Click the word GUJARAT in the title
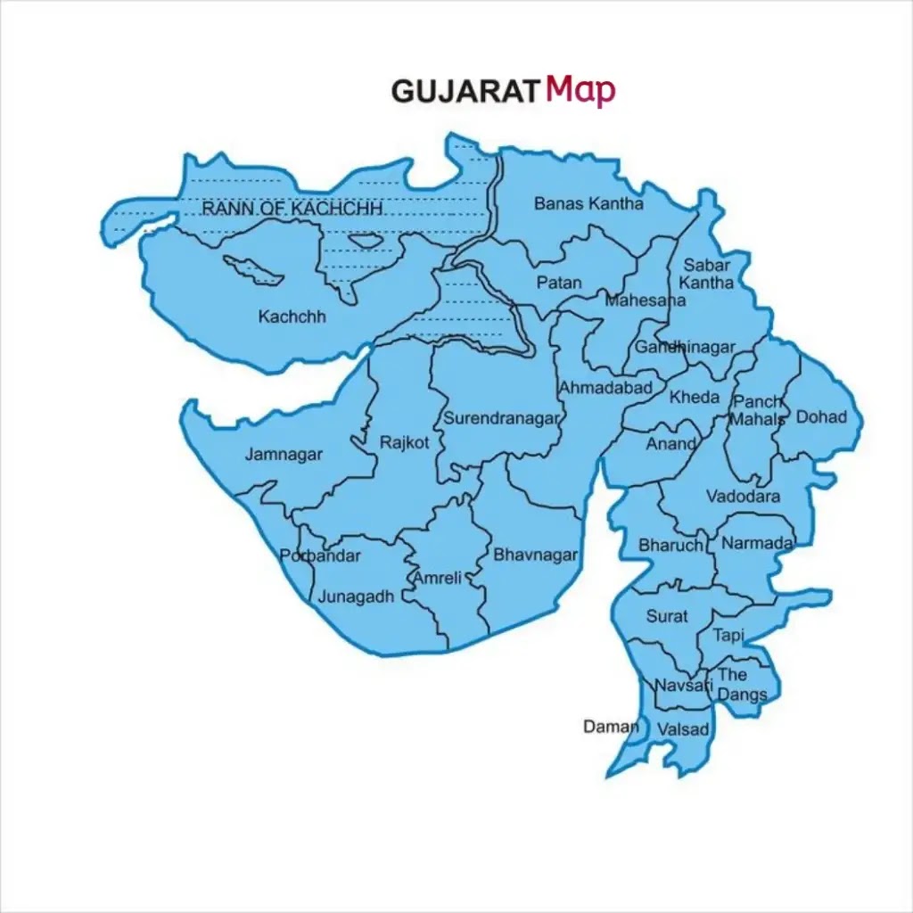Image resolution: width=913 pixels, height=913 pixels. click(x=465, y=91)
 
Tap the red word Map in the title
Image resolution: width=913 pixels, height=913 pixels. click(x=580, y=89)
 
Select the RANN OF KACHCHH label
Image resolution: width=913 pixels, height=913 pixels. click(x=292, y=209)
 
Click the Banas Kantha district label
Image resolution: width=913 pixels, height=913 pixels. click(x=588, y=203)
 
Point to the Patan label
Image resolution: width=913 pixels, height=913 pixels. click(x=559, y=283)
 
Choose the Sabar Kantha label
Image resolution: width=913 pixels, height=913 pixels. click(x=708, y=274)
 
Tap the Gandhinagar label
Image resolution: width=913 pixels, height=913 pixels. click(x=685, y=348)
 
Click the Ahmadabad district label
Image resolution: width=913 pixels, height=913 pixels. click(x=605, y=388)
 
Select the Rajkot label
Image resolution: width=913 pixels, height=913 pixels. click(x=405, y=443)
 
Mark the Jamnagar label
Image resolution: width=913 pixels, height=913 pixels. click(x=284, y=455)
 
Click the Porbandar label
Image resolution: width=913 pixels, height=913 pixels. click(x=320, y=556)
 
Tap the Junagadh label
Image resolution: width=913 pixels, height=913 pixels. click(x=356, y=597)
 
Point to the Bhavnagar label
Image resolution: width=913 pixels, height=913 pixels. click(x=536, y=555)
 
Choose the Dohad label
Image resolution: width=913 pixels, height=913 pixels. click(x=821, y=416)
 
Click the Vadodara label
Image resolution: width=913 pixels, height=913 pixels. click(x=744, y=497)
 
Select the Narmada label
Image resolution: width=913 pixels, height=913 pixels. click(x=757, y=544)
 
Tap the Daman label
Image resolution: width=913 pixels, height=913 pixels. click(x=611, y=727)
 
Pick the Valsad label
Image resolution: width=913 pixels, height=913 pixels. click(x=684, y=730)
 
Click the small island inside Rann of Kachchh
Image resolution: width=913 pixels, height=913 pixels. click(x=364, y=241)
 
